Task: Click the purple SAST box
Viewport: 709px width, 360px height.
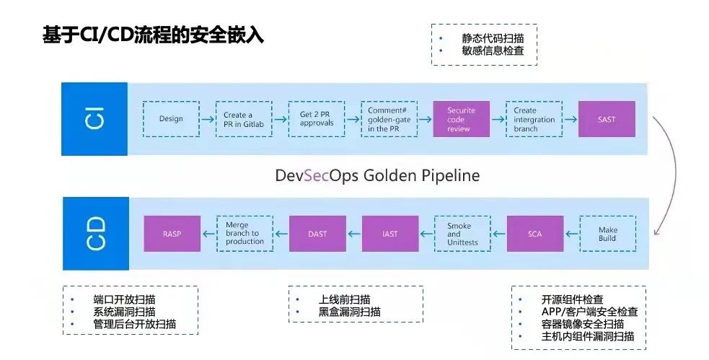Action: tap(607, 119)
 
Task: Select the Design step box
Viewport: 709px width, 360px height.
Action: tap(171, 119)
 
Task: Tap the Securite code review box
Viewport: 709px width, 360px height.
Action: tap(461, 119)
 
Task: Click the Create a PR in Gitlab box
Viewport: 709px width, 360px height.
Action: tap(244, 119)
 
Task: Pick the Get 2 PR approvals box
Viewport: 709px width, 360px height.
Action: tap(317, 119)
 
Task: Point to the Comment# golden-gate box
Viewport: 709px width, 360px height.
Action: tap(389, 119)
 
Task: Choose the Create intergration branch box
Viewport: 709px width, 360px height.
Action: tap(534, 119)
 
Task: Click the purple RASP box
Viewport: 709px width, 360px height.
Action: tap(172, 233)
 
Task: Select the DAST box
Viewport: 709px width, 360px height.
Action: tap(317, 233)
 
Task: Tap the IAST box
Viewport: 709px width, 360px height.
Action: tap(390, 233)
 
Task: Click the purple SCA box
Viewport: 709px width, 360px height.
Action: tap(535, 233)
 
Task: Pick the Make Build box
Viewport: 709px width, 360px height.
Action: tap(608, 233)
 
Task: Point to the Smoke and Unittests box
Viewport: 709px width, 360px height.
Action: tap(462, 233)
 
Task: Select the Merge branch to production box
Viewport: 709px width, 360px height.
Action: tap(245, 233)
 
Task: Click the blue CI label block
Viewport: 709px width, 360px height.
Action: tap(94, 119)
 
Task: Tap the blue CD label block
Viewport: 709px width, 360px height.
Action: tap(95, 233)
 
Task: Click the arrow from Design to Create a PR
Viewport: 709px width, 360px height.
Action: tap(208, 119)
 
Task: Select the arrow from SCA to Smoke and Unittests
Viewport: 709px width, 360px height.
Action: tap(498, 234)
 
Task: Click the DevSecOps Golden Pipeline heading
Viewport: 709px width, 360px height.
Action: tap(377, 175)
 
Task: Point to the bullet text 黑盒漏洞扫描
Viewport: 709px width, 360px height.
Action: tap(350, 312)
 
